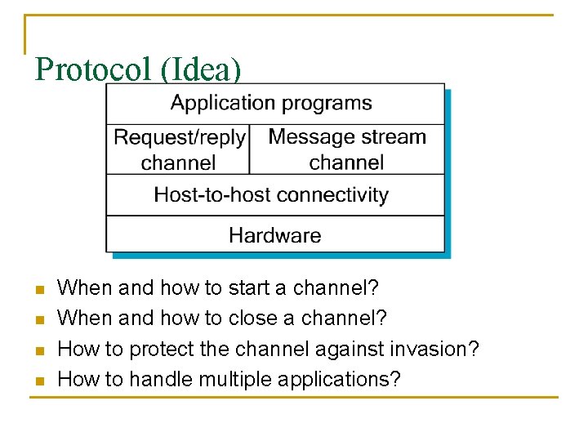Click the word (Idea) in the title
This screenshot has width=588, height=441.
[x=201, y=69]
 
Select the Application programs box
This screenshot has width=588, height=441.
[x=274, y=104]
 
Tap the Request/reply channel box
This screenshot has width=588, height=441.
[x=178, y=149]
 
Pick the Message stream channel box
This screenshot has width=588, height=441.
[x=346, y=149]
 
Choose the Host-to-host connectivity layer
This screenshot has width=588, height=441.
[x=274, y=195]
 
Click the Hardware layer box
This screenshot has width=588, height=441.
[x=274, y=236]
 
